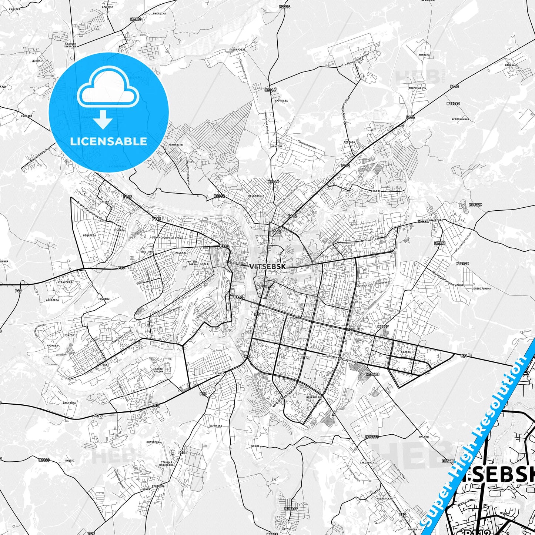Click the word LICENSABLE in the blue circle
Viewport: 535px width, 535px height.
(108, 141)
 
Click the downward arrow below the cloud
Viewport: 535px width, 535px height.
(104, 120)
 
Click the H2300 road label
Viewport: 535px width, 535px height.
(136, 19)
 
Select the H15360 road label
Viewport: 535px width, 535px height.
(453, 104)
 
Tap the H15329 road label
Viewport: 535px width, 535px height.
(475, 204)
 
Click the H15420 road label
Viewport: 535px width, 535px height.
(462, 264)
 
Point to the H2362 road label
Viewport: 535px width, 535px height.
(219, 196)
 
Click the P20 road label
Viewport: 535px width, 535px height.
(121, 268)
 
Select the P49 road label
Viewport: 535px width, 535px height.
(18, 291)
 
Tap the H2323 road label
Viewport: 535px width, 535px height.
(44, 460)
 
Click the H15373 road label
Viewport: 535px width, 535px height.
(372, 437)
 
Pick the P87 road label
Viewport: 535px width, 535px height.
(402, 515)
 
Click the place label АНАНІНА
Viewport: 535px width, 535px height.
(424, 55)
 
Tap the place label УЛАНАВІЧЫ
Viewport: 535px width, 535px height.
(177, 145)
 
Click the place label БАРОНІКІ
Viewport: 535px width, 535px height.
(215, 426)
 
